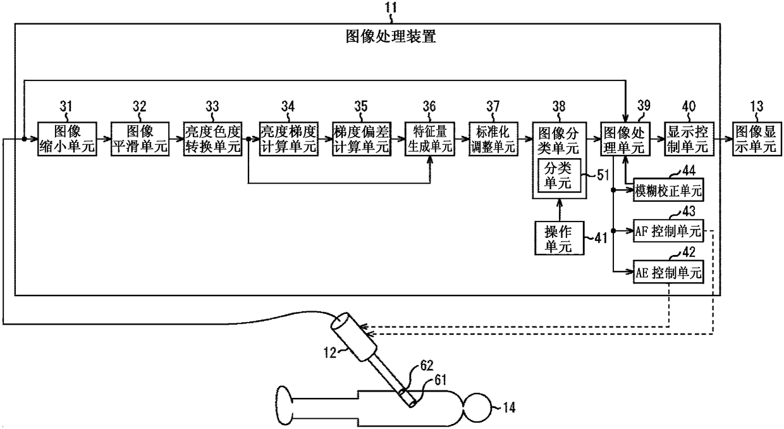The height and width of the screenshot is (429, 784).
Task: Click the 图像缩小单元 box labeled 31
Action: pos(67,139)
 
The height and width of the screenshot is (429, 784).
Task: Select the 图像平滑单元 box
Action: pos(140,139)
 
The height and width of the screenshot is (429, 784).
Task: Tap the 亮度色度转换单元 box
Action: pos(213,139)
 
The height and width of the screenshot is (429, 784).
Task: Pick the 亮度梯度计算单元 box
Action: pos(289,139)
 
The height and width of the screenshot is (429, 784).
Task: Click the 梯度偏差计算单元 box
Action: pos(362,139)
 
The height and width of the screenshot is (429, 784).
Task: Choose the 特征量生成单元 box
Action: pos(430,139)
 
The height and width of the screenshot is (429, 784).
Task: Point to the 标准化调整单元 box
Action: pos(493,139)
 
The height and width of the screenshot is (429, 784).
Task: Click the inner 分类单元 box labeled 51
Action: pos(560,175)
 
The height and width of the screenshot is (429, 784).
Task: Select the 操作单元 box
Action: pos(560,238)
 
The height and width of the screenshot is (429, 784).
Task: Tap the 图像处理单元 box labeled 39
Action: pos(625,139)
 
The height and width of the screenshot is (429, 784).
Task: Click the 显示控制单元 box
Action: pos(689,139)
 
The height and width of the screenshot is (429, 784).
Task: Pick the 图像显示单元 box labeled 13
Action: pos(757,139)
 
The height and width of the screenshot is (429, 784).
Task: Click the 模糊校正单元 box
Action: pos(668,190)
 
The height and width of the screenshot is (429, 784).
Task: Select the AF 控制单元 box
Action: pos(668,231)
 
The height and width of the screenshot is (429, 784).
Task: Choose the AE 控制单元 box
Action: pos(668,271)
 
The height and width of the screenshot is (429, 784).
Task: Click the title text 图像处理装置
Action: pos(391,37)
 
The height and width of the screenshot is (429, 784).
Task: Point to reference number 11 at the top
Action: pos(391,7)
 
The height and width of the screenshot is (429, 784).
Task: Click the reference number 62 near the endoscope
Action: pos(427,366)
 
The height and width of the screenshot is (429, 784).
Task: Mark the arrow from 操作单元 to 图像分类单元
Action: pos(560,210)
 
